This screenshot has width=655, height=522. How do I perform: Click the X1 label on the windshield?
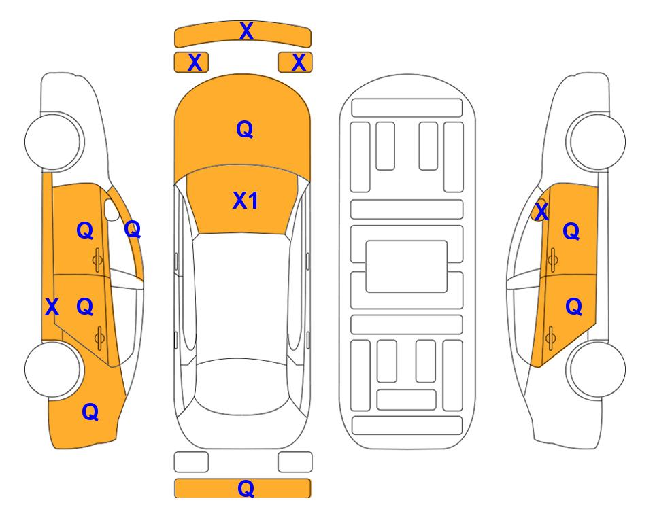coord(246,201)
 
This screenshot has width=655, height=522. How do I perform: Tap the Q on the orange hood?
coord(245,129)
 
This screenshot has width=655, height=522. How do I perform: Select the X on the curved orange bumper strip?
coord(246,31)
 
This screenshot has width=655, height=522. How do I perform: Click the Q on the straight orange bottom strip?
coord(246,488)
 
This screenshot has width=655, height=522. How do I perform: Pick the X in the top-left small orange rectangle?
coord(195,63)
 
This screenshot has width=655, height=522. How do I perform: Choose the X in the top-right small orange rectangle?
coord(299,63)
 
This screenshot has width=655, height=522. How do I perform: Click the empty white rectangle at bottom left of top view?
coord(191,462)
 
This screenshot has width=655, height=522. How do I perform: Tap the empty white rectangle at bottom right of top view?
coord(295,462)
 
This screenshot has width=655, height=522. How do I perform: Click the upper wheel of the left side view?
coord(52,141)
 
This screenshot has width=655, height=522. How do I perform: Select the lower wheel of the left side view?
coord(52,369)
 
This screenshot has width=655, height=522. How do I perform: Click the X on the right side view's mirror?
coord(541,211)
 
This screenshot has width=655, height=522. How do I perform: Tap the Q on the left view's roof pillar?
coord(133,229)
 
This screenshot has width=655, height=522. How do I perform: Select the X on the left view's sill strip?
coord(52,307)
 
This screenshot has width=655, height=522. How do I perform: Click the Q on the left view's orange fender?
coord(90,412)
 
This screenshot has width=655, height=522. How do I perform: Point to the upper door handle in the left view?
coord(97,260)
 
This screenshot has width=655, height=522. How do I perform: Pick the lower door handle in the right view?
coord(551,338)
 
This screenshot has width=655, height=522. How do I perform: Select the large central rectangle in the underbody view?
coord(407,266)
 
